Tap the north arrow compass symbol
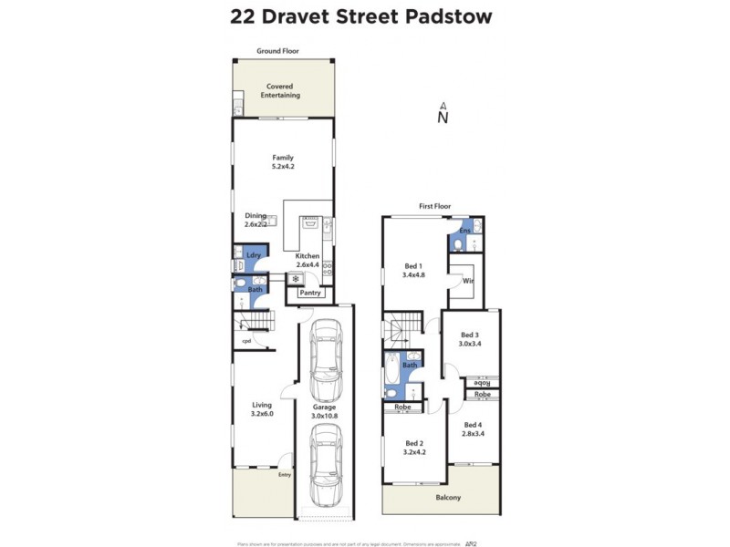[x=443, y=113]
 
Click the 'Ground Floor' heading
[x=277, y=52]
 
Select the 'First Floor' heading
[x=435, y=207]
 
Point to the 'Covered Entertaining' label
[x=280, y=91]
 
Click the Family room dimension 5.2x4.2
[x=283, y=168]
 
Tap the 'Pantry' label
[x=310, y=293]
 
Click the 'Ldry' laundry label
[x=254, y=256]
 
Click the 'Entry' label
[x=286, y=475]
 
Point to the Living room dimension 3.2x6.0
[x=263, y=414]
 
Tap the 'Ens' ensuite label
[x=464, y=231]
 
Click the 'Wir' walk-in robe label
[x=468, y=282]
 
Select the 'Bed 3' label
[x=470, y=335]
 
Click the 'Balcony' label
[x=447, y=498]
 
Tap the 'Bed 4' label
[x=473, y=425]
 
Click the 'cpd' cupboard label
[x=246, y=341]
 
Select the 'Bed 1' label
[x=413, y=265]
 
